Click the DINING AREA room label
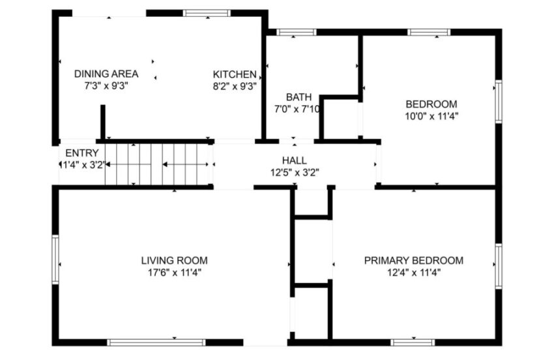click(106, 74)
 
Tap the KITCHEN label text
click(235, 74)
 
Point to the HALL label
click(294, 160)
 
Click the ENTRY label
click(82, 153)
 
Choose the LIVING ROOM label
click(174, 260)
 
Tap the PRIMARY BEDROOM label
click(413, 260)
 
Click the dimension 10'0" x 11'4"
click(431, 116)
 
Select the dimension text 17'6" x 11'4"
click(174, 273)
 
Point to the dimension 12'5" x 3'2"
click(294, 172)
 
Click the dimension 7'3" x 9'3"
click(106, 85)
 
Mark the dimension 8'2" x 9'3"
click(235, 85)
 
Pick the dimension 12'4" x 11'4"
click(413, 273)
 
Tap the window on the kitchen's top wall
click(207, 12)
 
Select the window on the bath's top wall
click(297, 32)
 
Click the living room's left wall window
click(56, 260)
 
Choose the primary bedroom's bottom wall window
click(413, 342)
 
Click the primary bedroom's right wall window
click(498, 265)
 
